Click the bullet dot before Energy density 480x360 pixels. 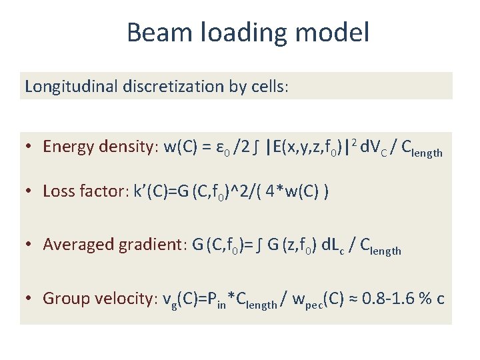pos(32,147)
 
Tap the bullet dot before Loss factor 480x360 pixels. pos(32,192)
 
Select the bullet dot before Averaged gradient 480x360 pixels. pos(32,245)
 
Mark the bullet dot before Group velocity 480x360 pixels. pos(32,299)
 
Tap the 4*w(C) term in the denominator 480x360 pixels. pos(300,191)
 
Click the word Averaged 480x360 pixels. pos(79,245)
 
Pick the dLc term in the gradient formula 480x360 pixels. pos(331,245)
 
